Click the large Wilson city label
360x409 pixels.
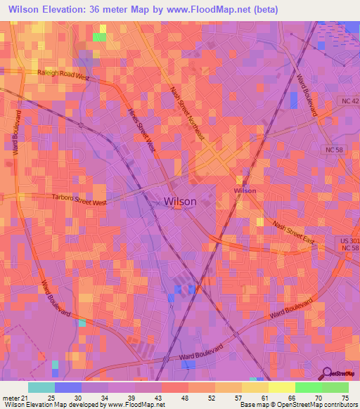click(180, 201)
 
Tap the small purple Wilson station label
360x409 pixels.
click(245, 190)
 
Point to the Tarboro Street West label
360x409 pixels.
click(79, 201)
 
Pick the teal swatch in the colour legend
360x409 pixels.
click(41, 387)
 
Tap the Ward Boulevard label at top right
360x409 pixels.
click(307, 94)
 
